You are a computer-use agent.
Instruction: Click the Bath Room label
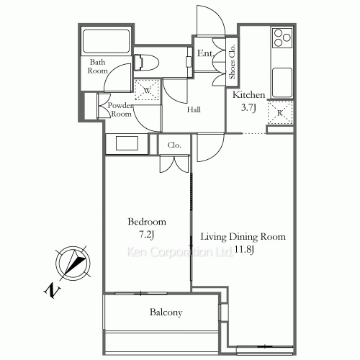click(98, 66)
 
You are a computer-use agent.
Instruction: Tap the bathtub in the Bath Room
click(105, 41)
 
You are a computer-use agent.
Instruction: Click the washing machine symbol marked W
click(148, 90)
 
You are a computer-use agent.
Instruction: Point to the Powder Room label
click(120, 109)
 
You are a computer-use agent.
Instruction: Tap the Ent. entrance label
click(204, 53)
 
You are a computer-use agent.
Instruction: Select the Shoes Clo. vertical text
click(233, 62)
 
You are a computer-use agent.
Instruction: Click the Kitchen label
click(249, 95)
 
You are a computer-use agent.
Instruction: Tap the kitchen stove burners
click(281, 39)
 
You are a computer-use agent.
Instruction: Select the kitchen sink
click(281, 78)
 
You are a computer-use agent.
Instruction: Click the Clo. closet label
click(174, 145)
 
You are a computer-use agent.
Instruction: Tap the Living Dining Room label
click(243, 237)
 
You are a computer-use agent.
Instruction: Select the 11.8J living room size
click(243, 249)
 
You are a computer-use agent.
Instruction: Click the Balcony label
click(166, 312)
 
